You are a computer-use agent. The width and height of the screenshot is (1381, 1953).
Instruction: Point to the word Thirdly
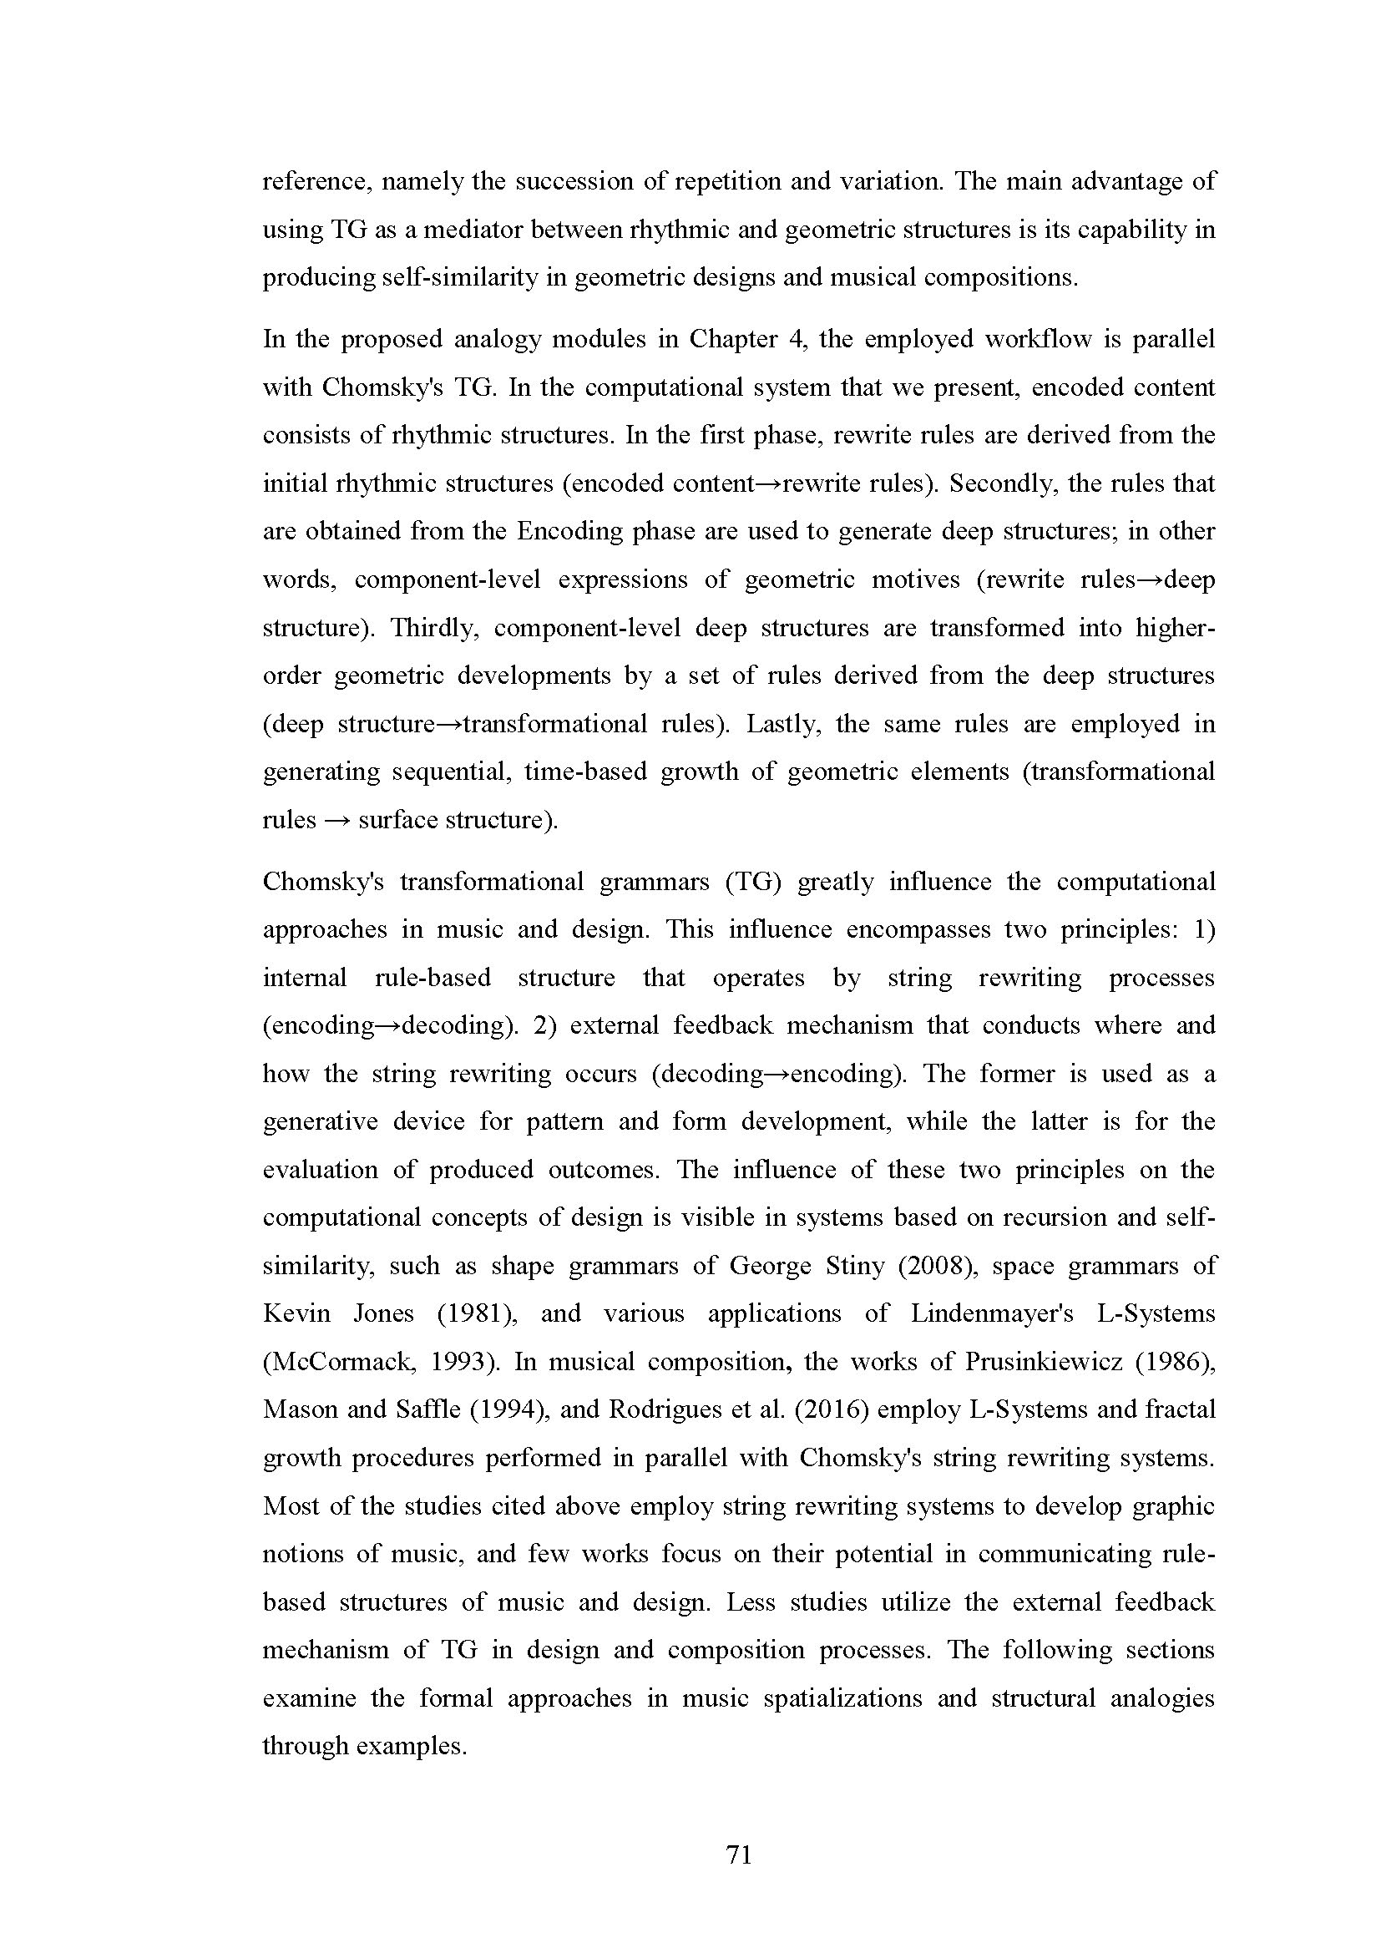(x=433, y=627)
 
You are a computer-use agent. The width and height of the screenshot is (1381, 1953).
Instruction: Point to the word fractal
(x=1181, y=1409)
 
